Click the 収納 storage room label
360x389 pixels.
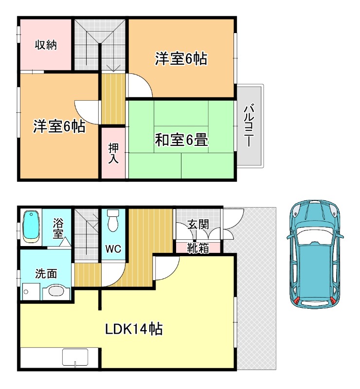46,45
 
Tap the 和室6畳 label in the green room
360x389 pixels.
181,140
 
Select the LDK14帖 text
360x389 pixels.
134,329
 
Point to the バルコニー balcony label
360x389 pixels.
249,126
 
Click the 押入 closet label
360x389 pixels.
113,154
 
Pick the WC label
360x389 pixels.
113,248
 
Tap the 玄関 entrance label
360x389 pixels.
198,224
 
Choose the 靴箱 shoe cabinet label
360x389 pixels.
198,248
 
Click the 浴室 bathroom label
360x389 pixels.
58,229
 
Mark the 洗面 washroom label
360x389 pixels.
46,273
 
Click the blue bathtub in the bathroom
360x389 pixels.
31,227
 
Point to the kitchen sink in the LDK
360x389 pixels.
75,357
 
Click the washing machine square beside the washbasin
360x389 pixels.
31,292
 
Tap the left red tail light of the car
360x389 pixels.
296,301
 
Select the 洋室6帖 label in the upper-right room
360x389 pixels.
181,58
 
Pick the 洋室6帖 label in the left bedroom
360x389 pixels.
59,126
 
